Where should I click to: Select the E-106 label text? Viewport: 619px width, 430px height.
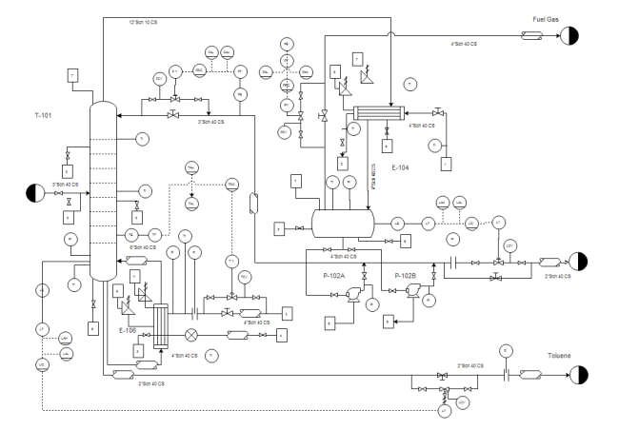tap(128, 330)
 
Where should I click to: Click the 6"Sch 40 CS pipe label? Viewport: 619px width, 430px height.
tap(141, 247)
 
